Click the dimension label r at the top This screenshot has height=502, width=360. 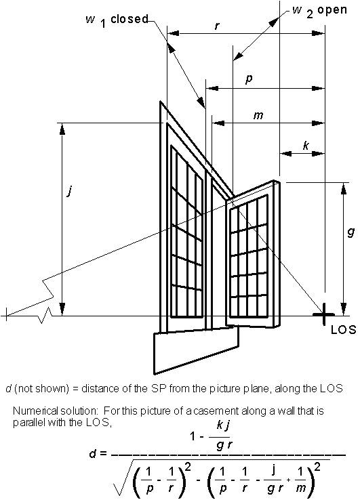(x=217, y=26)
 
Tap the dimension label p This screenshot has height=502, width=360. (x=249, y=79)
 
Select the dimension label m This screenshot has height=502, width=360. (x=258, y=115)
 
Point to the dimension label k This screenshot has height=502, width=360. (x=306, y=146)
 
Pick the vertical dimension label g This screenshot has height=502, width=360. (x=351, y=232)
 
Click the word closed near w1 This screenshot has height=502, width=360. (x=129, y=19)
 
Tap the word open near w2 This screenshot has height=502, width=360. (x=332, y=10)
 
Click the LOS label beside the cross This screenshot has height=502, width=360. (x=343, y=330)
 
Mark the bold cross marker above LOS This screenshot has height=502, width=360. (x=324, y=314)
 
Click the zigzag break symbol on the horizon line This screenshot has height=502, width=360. (x=45, y=315)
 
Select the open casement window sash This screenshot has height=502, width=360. (x=253, y=255)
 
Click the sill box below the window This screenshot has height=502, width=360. (x=197, y=350)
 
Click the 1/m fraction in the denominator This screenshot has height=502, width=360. (x=301, y=480)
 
